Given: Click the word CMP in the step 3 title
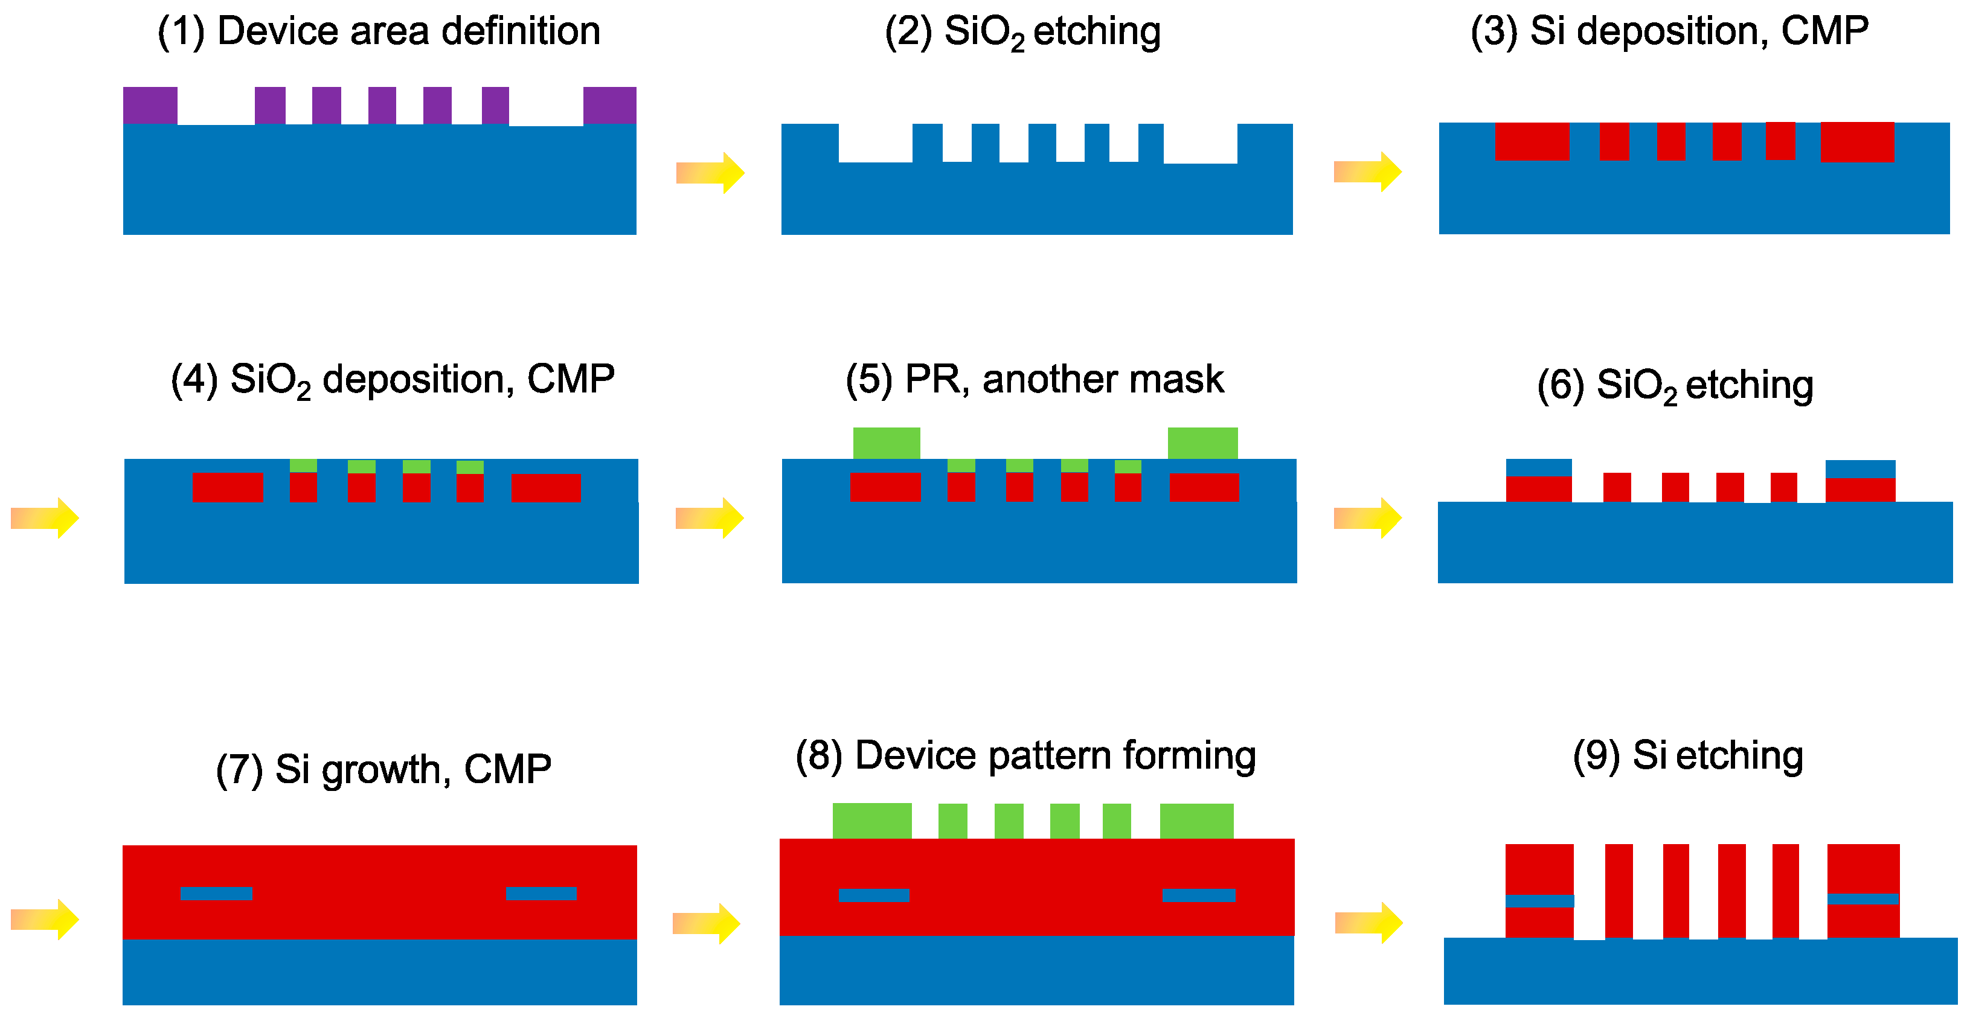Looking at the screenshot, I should [x=1824, y=32].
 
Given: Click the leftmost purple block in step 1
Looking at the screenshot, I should [x=150, y=106].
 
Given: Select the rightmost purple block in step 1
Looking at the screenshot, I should [x=609, y=106].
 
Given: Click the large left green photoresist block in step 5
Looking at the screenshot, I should [x=887, y=443].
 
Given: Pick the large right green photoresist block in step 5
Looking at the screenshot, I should [x=1202, y=443].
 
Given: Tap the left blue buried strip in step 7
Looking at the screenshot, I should [x=216, y=894].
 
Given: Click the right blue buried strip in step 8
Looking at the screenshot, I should [x=1198, y=895].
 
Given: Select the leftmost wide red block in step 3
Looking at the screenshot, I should [x=1532, y=141].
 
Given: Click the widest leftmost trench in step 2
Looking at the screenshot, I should [x=875, y=143].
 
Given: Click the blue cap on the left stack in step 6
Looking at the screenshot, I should [x=1539, y=467].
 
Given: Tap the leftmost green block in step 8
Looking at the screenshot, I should [x=872, y=821].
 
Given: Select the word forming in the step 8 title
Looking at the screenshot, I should [x=1189, y=757].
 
